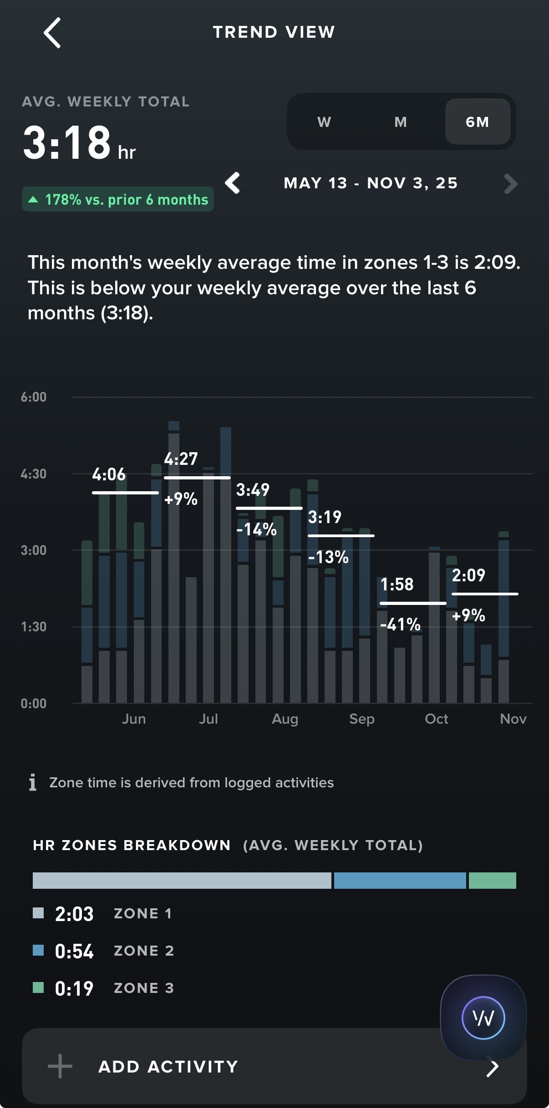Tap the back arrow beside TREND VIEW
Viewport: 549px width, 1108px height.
(x=52, y=33)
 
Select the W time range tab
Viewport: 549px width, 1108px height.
(x=324, y=122)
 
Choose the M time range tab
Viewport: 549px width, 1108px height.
(x=401, y=122)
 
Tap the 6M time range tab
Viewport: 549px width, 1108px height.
(x=478, y=122)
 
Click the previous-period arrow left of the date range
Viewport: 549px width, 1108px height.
(x=233, y=183)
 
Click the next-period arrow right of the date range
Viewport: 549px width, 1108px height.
(x=511, y=184)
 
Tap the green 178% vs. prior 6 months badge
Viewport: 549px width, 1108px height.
(x=118, y=199)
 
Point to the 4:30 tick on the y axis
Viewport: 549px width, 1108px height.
(x=34, y=474)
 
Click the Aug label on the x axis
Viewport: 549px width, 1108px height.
(x=285, y=719)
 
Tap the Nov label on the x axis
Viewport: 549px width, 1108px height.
(x=513, y=719)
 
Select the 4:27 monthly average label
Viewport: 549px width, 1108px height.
(x=181, y=459)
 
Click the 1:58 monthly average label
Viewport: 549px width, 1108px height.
(x=397, y=584)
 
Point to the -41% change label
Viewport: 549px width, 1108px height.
(x=400, y=625)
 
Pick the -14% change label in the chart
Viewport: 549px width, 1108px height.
(x=257, y=529)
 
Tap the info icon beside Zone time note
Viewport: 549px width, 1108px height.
(x=33, y=782)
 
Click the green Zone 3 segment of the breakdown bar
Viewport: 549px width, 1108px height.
(x=492, y=881)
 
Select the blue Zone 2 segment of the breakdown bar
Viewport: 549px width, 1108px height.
(x=400, y=881)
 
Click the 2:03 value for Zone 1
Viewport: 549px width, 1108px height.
(x=74, y=914)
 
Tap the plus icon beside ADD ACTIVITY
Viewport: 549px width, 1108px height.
(x=60, y=1067)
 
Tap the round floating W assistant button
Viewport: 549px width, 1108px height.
(x=483, y=1018)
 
